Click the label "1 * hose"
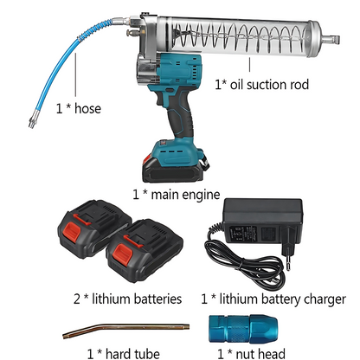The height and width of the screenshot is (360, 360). point(79,108)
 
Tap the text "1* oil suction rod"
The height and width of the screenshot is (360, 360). point(261,85)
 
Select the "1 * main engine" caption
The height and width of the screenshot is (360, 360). point(177,195)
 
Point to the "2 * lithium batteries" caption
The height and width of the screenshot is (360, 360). point(127,299)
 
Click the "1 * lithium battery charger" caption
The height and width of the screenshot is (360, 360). point(273,299)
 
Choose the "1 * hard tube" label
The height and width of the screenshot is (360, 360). point(123,353)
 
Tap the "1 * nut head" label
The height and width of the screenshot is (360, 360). point(251,354)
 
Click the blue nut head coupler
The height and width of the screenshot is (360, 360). point(243,329)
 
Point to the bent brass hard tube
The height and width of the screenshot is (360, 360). point(126,330)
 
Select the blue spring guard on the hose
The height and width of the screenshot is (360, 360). point(95,29)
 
